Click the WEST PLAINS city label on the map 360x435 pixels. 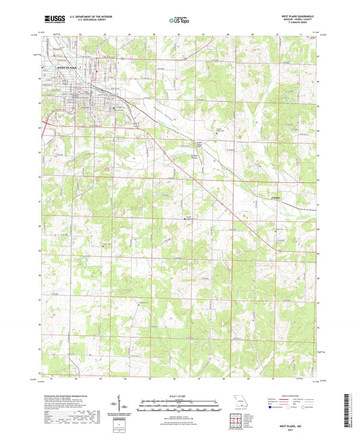click(68, 68)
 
